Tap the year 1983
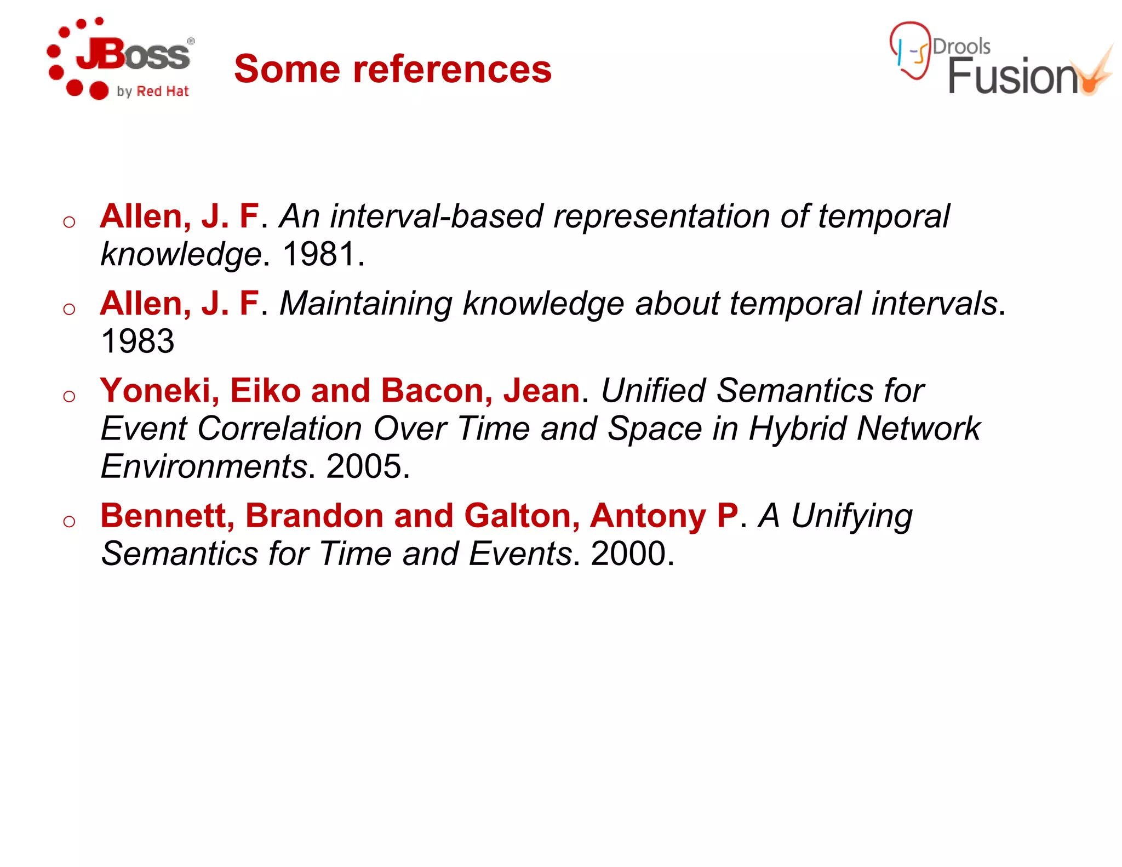click(x=138, y=341)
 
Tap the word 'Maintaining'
click(x=366, y=304)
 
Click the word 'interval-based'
click(x=436, y=216)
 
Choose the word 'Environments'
click(x=204, y=466)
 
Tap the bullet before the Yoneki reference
click(x=69, y=396)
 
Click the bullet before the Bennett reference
click(x=69, y=521)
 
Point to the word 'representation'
click(x=661, y=216)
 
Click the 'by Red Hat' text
click(x=153, y=92)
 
